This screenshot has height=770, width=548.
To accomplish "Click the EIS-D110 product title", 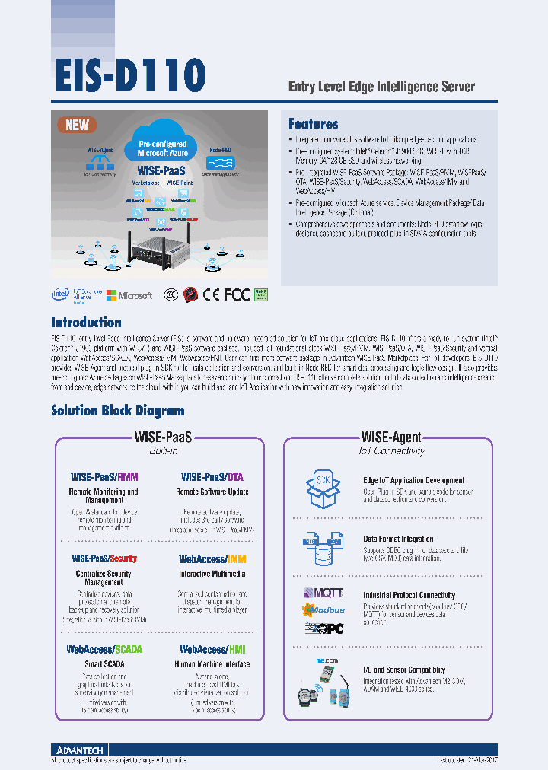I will pos(129,75).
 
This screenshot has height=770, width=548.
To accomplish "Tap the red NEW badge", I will pos(77,126).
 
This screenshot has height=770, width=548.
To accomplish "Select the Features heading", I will pos(313,124).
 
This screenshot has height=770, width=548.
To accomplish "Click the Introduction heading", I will pos(86,322).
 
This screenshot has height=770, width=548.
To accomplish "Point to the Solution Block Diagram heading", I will pos(117,411).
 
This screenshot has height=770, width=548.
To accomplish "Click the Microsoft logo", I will pos(129,295).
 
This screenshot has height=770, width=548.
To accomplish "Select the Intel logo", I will pos(60,294).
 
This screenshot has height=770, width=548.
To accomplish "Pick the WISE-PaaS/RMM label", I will pos(104,477).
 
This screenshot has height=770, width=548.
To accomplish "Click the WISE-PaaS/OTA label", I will pos(212,477).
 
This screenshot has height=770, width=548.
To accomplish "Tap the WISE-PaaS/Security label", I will pos(104,558).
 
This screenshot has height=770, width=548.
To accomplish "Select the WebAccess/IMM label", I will pos(212,558).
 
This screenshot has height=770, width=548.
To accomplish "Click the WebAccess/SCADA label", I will pos(104,649).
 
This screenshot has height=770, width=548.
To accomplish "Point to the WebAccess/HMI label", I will pos(212,649).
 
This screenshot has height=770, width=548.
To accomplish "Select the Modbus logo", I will pos(324,609).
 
